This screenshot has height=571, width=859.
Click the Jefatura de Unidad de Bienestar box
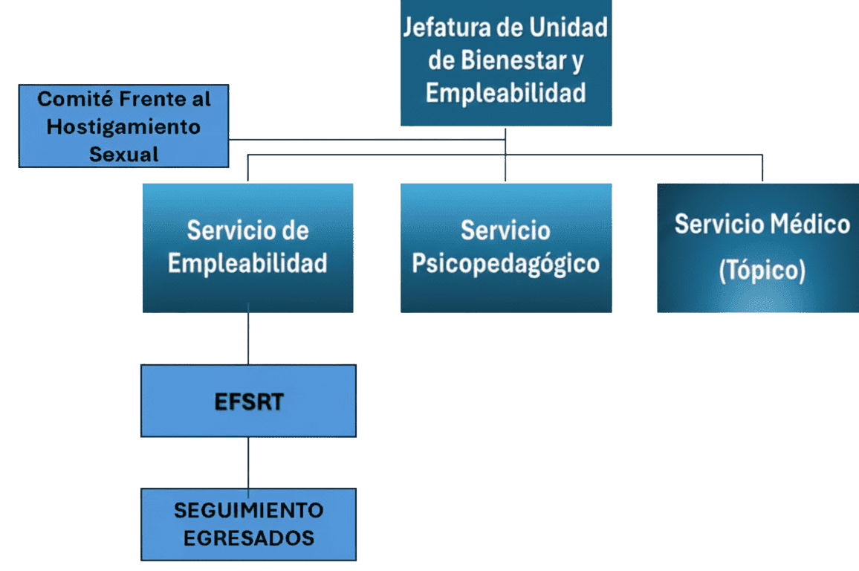(x=505, y=62)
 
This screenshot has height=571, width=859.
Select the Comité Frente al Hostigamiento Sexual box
(x=123, y=126)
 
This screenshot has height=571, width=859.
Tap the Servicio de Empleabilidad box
(x=247, y=247)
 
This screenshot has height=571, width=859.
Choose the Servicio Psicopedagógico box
(x=505, y=247)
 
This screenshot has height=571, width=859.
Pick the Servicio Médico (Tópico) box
(x=758, y=247)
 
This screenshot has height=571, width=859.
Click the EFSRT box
(x=248, y=401)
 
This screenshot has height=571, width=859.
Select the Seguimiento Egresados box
(x=248, y=524)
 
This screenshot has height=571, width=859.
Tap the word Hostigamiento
(x=123, y=126)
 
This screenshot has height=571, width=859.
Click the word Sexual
(x=123, y=155)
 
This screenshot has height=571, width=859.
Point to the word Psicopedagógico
(x=505, y=264)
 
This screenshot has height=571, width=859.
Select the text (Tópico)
(x=762, y=271)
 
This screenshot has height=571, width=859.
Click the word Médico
(x=809, y=224)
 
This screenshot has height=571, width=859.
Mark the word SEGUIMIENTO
(x=248, y=511)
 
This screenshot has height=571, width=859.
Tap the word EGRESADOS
(x=248, y=538)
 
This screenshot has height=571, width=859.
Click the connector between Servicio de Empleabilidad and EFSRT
(x=248, y=338)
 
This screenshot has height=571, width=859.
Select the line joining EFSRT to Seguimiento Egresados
(x=248, y=462)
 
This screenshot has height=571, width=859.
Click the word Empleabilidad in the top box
(x=505, y=94)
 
